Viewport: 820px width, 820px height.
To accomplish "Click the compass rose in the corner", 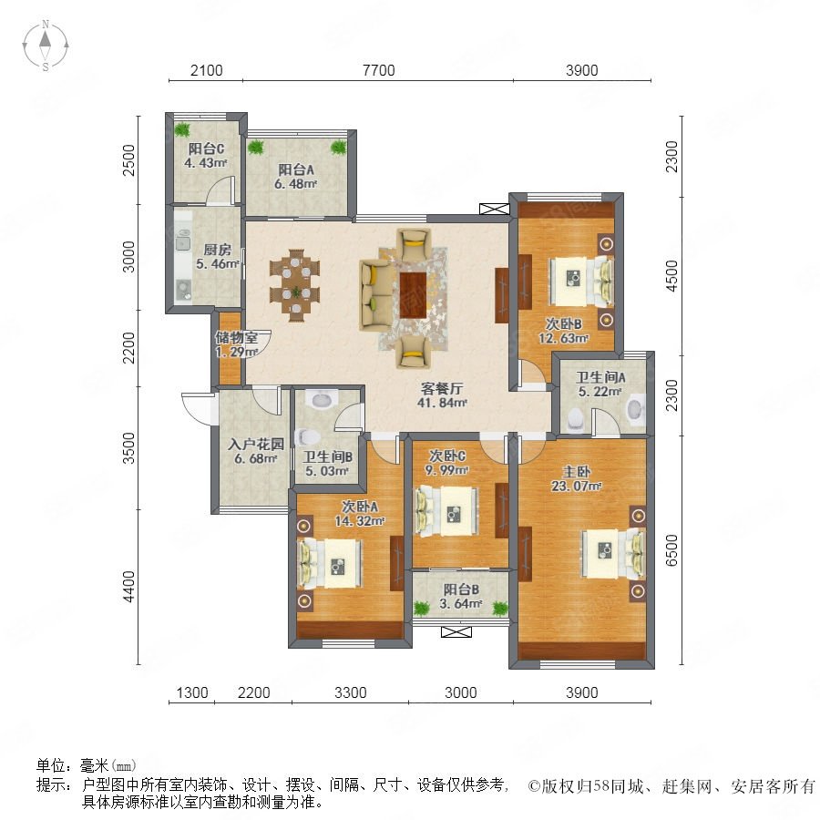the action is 46,45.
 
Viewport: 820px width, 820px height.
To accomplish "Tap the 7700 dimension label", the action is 379,70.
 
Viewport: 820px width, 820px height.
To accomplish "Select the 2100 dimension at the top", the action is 206,70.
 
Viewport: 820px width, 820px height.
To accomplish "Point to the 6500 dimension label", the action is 671,550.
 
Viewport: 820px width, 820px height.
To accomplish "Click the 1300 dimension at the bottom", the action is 192,692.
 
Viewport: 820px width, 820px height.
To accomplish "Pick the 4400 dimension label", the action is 128,587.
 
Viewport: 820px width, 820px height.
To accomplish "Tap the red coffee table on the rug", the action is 413,294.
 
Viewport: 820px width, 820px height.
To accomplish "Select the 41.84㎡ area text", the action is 442,403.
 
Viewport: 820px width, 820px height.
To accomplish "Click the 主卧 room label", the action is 576,471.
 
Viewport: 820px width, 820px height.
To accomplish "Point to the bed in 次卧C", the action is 447,511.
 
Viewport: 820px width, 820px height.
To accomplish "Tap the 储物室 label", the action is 236,337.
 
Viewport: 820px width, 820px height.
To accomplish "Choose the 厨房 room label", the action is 217,250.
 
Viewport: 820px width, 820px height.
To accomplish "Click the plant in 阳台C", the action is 182,128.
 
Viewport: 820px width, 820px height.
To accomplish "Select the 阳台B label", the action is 461,589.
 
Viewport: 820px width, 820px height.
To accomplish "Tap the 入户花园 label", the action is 256,445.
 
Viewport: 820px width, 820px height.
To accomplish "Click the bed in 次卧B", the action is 581,281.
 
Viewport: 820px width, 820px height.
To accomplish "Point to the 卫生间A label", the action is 600,376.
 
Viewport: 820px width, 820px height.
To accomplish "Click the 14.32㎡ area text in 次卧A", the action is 360,521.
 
